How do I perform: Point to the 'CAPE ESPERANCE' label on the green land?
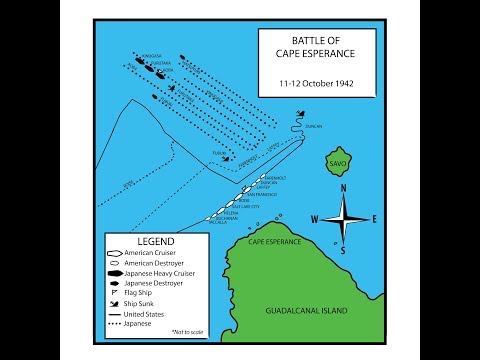coord(275,241)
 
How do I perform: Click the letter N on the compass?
coord(343,187)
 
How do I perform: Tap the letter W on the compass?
coord(313,220)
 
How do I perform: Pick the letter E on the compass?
coord(373,219)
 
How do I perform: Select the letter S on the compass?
coord(343,252)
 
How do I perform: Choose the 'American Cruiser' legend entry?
coord(155,254)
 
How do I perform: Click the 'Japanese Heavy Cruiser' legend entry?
coord(166,273)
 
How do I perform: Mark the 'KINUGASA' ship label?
coord(151,55)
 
